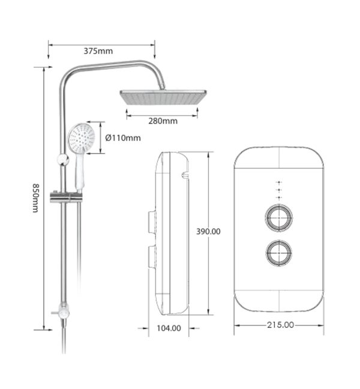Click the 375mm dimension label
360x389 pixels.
(98, 51)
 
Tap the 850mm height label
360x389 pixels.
(36, 198)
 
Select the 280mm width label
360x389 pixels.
(163, 121)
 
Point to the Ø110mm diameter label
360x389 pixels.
(123, 138)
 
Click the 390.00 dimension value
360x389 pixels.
(208, 232)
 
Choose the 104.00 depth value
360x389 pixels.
(169, 328)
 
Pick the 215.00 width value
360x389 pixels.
(280, 325)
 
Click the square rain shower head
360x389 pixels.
(163, 97)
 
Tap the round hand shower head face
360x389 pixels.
(82, 138)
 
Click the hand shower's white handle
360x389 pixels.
(80, 172)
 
